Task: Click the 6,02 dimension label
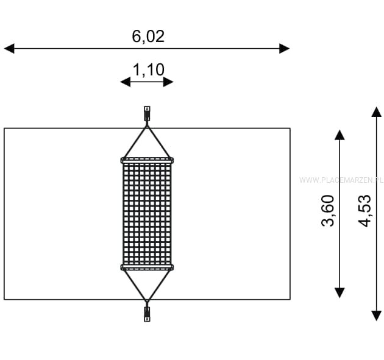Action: coord(148,36)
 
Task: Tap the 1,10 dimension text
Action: coord(148,70)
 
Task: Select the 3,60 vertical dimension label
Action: coord(328,211)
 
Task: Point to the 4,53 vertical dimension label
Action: coord(364,211)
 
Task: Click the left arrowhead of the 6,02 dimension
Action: coord(9,49)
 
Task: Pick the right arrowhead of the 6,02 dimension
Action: coord(285,49)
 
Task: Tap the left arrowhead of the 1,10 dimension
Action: coord(126,82)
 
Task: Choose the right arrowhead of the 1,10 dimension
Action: coord(168,82)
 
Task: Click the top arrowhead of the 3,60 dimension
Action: coord(340,135)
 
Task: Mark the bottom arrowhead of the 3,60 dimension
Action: coord(340,293)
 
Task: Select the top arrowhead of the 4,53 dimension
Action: coord(377,112)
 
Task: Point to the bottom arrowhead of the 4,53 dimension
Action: coord(377,316)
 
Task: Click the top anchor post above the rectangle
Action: coord(147,113)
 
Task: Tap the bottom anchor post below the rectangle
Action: coord(147,314)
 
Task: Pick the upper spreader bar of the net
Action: coord(147,161)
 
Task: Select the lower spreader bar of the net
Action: coord(147,267)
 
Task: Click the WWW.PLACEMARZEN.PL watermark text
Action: coord(341,180)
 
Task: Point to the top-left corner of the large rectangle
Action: coord(4,128)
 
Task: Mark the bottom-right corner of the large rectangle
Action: coord(290,299)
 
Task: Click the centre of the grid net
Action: coord(147,214)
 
